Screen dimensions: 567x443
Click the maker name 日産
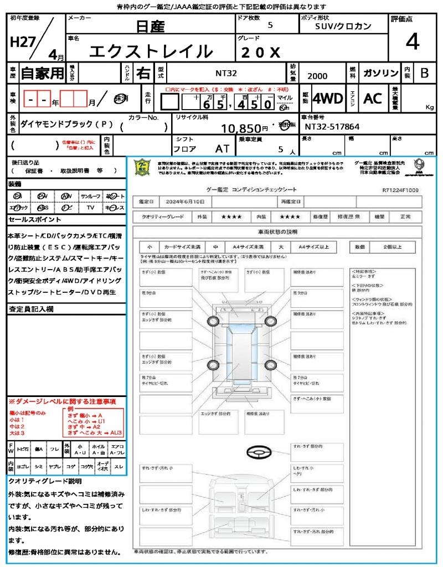(x=149, y=25)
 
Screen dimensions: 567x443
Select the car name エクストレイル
(x=151, y=51)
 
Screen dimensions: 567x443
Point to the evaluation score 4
(x=412, y=42)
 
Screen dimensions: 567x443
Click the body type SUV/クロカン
(x=343, y=26)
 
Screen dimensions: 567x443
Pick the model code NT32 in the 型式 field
(x=227, y=72)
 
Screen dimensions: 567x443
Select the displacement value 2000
(x=317, y=76)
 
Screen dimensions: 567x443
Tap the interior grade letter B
(x=424, y=73)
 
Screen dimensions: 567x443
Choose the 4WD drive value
(x=328, y=99)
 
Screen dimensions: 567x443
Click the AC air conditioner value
(x=373, y=99)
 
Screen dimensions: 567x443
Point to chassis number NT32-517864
(x=332, y=127)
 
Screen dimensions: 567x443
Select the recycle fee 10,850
(x=244, y=128)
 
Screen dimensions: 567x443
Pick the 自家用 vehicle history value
(x=42, y=73)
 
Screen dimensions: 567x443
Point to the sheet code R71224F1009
(x=400, y=190)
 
